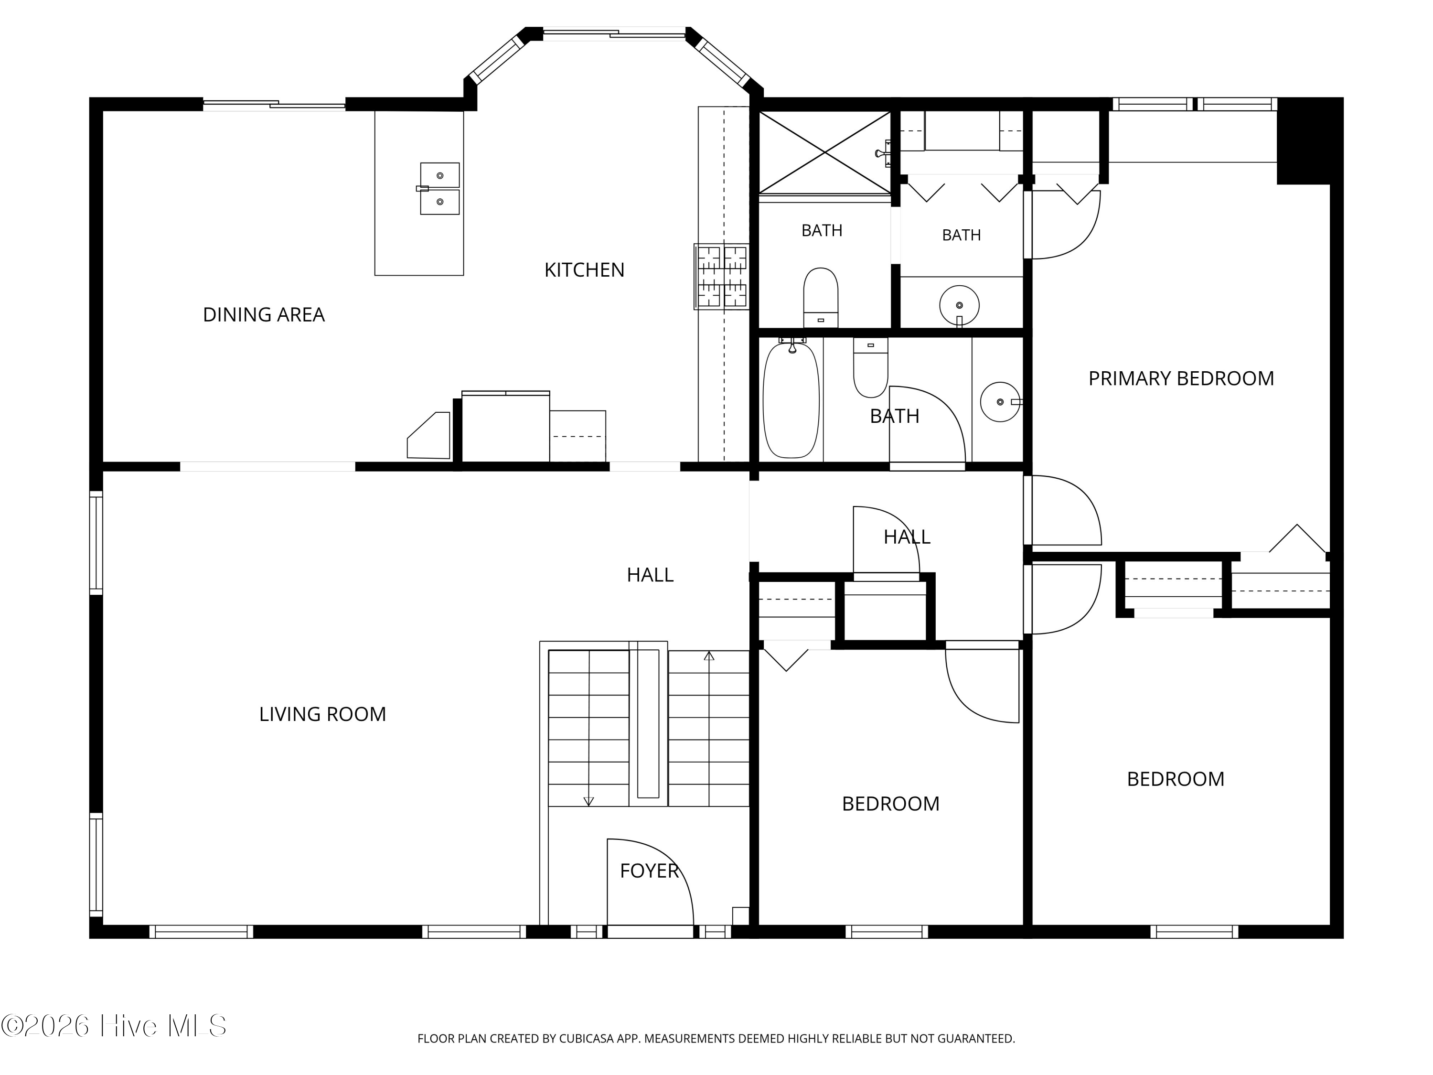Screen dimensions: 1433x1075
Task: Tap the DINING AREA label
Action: (264, 314)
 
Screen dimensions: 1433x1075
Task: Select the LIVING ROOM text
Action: (322, 714)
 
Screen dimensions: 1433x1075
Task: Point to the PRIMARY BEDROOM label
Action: (1181, 378)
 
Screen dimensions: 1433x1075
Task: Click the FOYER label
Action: (649, 871)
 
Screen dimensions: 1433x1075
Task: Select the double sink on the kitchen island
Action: (439, 189)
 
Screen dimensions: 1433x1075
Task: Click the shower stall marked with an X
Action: (824, 153)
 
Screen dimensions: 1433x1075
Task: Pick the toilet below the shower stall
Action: (821, 298)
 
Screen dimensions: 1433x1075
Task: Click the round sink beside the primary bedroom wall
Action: (1000, 402)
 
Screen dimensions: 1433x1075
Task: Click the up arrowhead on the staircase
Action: (709, 656)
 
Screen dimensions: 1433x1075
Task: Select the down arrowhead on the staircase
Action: (588, 802)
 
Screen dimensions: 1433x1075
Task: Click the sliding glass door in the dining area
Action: (274, 104)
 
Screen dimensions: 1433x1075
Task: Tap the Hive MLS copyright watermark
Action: (114, 1026)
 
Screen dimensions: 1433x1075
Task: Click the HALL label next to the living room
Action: (650, 575)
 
